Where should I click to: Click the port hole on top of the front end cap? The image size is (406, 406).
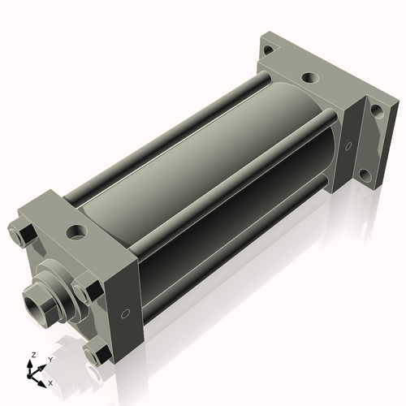[x=78, y=232]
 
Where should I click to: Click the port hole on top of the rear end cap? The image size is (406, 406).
[x=310, y=79]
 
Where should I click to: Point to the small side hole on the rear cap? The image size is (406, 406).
[x=348, y=147]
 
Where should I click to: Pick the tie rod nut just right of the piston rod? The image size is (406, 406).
[x=88, y=290]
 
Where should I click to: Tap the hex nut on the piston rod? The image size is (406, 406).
[x=48, y=300]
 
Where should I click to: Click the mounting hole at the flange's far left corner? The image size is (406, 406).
[x=267, y=50]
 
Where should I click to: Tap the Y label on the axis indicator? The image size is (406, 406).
[x=50, y=359]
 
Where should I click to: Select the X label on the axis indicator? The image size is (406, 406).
[x=50, y=382]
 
